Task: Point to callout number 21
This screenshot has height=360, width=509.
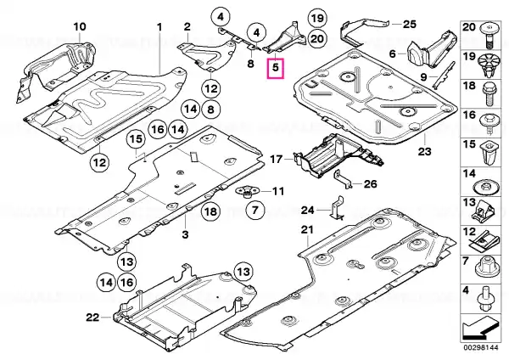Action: point(306,231)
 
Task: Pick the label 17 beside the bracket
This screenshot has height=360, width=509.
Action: point(276,159)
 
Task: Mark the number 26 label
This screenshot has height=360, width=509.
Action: point(370,184)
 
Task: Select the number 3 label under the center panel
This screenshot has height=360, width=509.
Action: point(186,233)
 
